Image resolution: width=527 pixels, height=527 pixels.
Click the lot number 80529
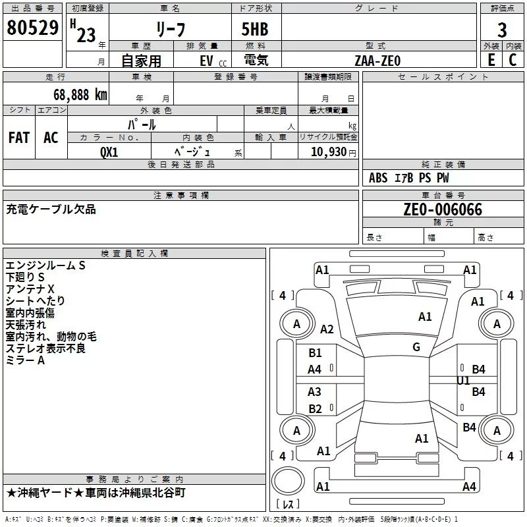(x=32, y=28)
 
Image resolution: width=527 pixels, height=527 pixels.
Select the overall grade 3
(x=502, y=30)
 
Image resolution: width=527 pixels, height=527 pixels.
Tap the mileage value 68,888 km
(x=80, y=95)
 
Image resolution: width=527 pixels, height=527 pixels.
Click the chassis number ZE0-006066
(x=443, y=209)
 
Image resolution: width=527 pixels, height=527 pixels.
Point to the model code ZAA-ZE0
(x=377, y=61)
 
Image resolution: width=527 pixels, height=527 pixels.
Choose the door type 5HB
(x=255, y=29)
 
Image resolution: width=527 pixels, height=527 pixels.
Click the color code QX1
(x=109, y=152)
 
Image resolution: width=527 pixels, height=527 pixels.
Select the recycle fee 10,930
(x=329, y=152)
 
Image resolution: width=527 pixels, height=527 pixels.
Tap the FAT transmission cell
(x=19, y=138)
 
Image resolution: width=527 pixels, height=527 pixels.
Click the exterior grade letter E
(x=491, y=60)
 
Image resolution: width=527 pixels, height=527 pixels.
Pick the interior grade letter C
(x=513, y=60)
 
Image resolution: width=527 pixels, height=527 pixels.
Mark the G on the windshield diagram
(x=416, y=347)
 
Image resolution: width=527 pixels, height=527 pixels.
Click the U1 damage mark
(x=463, y=381)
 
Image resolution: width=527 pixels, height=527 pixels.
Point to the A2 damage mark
(x=327, y=329)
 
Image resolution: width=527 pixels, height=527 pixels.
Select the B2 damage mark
(x=315, y=408)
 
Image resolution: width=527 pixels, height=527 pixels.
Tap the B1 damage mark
(x=315, y=353)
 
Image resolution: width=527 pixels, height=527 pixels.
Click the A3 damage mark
(x=314, y=391)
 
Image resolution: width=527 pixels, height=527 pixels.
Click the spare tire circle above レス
(x=288, y=481)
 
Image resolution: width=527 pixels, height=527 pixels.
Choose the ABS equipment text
(x=378, y=178)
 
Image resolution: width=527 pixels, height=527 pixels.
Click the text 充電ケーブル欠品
(x=51, y=209)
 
